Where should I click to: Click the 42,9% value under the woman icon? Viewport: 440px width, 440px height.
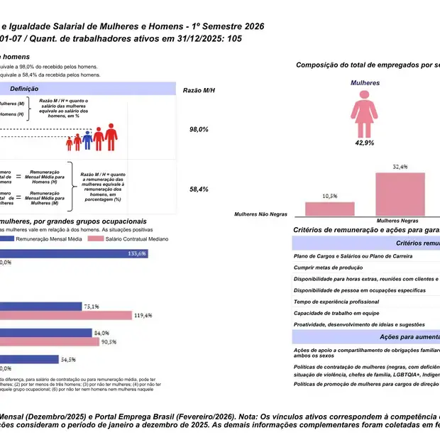[x=365, y=143]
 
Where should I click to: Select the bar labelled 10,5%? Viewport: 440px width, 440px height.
[x=329, y=208]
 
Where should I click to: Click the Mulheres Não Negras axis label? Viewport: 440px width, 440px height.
[x=261, y=213]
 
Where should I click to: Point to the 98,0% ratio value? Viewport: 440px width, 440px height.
[x=199, y=130]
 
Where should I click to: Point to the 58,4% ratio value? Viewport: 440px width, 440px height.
[x=199, y=189]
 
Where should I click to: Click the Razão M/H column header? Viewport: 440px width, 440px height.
[x=199, y=90]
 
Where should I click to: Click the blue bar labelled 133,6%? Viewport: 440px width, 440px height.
[x=74, y=253]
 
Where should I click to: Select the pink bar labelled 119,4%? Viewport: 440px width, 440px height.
[x=66, y=315]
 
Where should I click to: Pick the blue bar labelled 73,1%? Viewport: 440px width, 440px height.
[x=50, y=307]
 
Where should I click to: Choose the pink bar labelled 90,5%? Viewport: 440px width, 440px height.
[x=50, y=341]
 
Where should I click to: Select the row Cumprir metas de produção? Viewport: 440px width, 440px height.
[x=328, y=268]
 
